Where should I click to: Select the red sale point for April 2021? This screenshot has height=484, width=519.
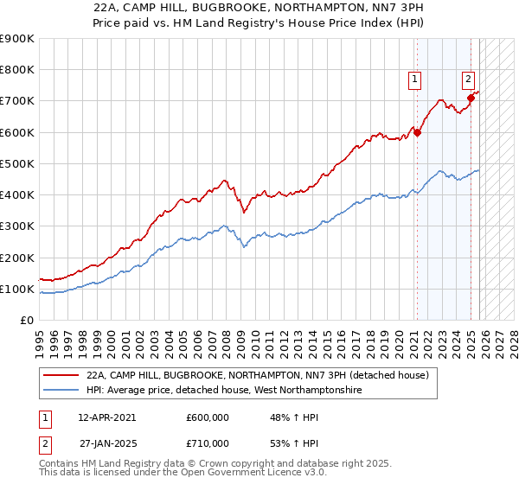[x=417, y=132]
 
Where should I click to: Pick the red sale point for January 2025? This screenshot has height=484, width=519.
[x=471, y=98]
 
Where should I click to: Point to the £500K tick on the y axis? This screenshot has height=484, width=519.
[x=16, y=163]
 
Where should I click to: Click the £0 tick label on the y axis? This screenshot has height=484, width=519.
[x=26, y=320]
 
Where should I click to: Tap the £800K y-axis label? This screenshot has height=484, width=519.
[x=16, y=70]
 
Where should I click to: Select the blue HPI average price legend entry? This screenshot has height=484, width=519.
[x=222, y=391]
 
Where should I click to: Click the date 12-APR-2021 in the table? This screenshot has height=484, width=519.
[x=106, y=417]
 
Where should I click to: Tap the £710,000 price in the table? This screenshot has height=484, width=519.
[x=207, y=443]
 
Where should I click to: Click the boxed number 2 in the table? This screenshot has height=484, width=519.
[x=43, y=443]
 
